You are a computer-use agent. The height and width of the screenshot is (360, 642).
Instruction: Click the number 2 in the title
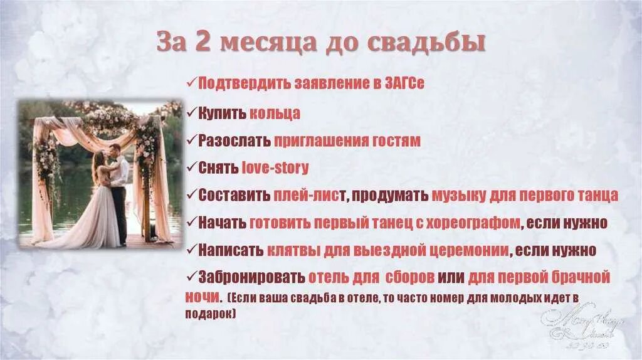coord(203,43)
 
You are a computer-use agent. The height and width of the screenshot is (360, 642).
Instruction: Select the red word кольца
coord(275,114)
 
